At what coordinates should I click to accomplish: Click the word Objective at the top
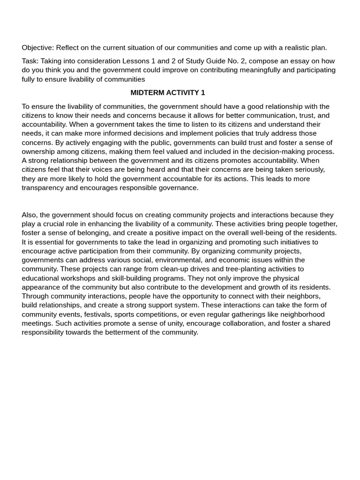[x=37, y=48]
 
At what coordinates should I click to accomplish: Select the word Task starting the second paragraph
[x=30, y=61]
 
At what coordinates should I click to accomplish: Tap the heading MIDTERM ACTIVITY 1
[x=168, y=93]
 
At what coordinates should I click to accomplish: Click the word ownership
[x=40, y=151]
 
